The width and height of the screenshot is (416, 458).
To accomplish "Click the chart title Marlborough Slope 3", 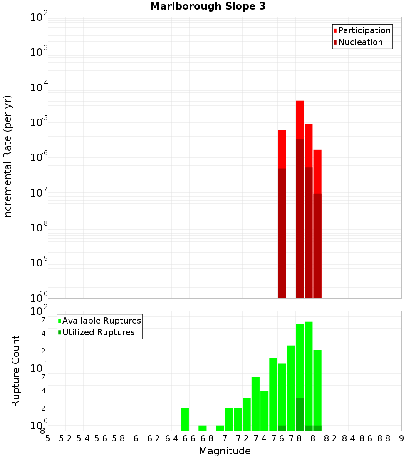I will click(x=208, y=6).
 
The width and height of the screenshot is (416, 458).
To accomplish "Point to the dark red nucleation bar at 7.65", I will click(x=282, y=233).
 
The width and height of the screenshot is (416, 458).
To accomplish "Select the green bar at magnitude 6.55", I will click(x=185, y=419).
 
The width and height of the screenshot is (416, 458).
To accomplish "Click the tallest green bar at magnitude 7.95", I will click(x=308, y=375).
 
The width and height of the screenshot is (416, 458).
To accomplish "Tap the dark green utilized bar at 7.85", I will click(x=300, y=414).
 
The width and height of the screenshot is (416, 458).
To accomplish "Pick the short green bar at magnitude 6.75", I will click(x=203, y=428).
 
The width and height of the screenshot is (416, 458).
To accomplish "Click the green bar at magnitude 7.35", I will click(x=255, y=404).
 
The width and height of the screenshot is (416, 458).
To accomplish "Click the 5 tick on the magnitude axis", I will click(x=48, y=438).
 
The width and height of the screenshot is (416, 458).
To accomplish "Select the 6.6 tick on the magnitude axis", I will click(x=189, y=438).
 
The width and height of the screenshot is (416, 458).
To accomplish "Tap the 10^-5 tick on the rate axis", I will click(x=39, y=122).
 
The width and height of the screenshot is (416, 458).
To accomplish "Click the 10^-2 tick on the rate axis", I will click(x=39, y=17).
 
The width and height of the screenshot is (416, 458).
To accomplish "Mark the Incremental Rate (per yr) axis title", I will click(x=8, y=157).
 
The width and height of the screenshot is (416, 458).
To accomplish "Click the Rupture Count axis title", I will click(x=16, y=371).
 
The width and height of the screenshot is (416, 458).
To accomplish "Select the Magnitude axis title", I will click(x=225, y=451).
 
